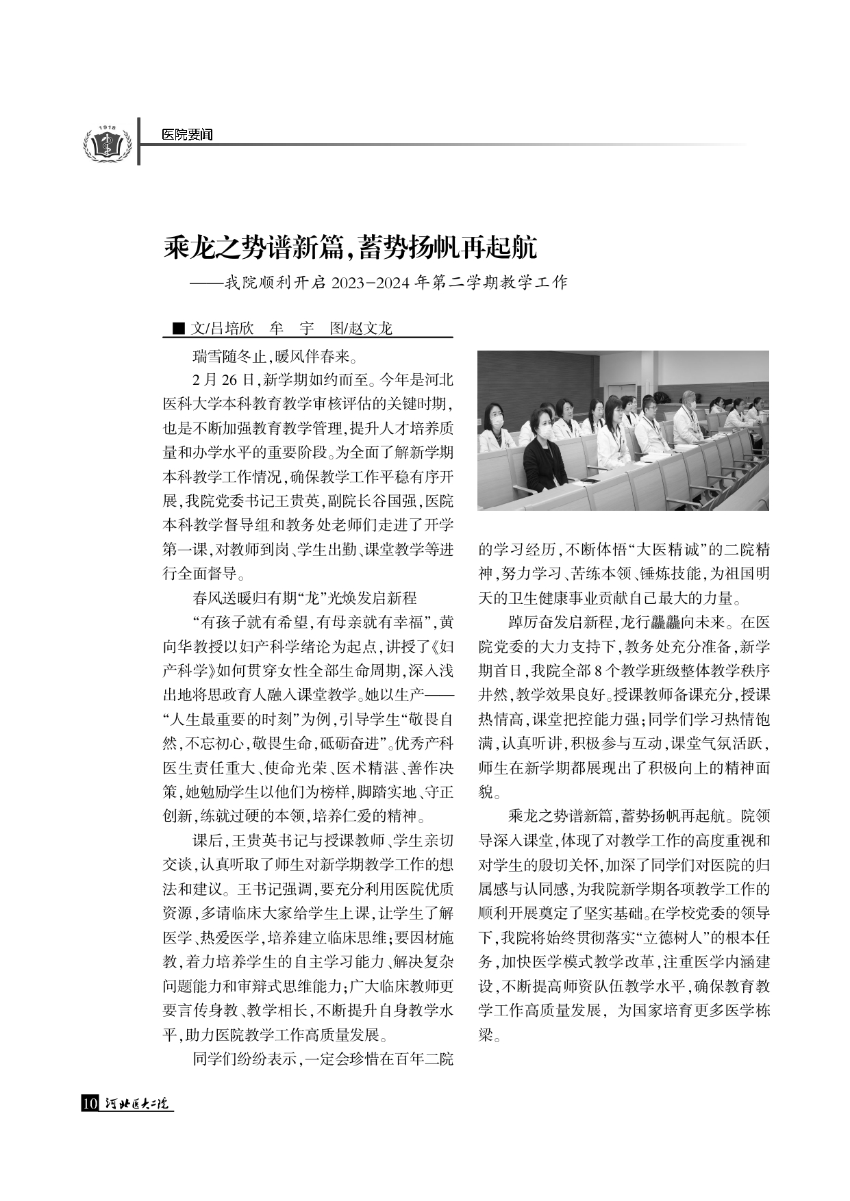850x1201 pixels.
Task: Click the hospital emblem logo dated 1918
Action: pyautogui.click(x=107, y=143)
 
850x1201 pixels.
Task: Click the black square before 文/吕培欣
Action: pyautogui.click(x=178, y=329)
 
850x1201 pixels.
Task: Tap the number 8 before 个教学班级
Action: pyautogui.click(x=598, y=670)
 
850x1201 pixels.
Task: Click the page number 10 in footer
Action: pyautogui.click(x=90, y=1103)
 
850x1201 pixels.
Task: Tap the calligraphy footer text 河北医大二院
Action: pyautogui.click(x=138, y=1103)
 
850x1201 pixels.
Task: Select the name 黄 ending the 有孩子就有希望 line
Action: pyautogui.click(x=446, y=622)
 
